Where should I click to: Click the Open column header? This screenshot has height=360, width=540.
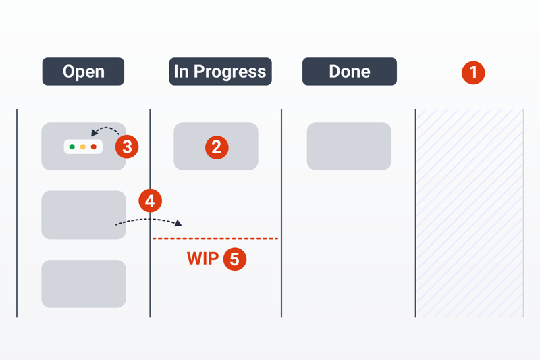(83, 72)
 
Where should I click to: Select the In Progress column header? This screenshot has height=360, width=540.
(220, 72)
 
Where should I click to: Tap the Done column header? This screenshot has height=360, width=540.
(349, 72)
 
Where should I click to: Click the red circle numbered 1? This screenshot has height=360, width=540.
(473, 73)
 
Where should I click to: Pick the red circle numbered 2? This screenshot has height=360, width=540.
(217, 147)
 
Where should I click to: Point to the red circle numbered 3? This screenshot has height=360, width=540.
(127, 147)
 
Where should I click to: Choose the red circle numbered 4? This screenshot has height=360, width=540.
(150, 201)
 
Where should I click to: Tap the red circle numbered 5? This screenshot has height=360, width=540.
(234, 259)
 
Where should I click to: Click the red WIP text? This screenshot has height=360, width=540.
(203, 259)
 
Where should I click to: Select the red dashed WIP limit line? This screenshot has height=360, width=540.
(215, 238)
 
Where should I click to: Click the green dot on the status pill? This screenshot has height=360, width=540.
(72, 147)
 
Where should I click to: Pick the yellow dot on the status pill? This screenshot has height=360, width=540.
(82, 147)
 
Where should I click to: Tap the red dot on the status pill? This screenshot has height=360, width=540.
(93, 147)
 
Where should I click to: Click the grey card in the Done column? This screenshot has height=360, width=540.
(349, 146)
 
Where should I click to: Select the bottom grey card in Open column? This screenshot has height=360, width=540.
(84, 284)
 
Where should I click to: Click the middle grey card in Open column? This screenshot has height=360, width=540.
(84, 215)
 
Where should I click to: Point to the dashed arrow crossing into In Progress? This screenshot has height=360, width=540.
(148, 219)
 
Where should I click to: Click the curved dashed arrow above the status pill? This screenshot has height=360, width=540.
(107, 128)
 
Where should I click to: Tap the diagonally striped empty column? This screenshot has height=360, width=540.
(470, 213)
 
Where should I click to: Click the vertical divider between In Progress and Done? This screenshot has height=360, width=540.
(281, 213)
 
